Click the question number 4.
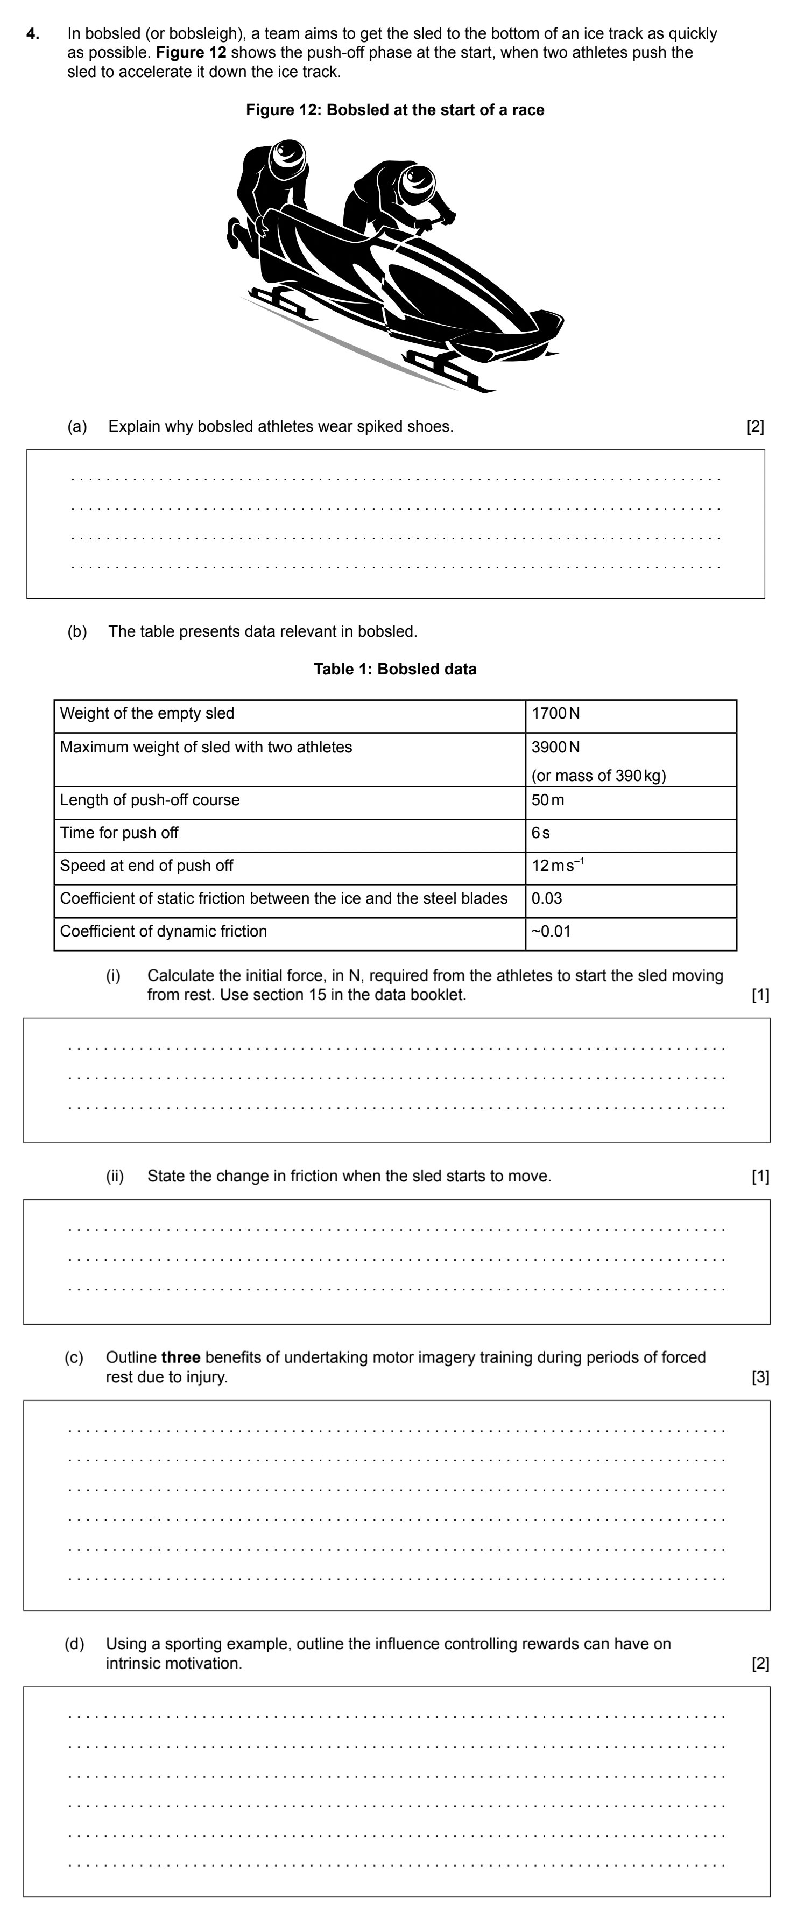click(x=31, y=34)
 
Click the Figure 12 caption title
click(x=394, y=110)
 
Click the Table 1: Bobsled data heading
click(x=394, y=669)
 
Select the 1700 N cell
click(x=555, y=713)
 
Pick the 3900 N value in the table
click(x=555, y=747)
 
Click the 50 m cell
click(x=548, y=800)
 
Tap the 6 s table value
click(x=540, y=833)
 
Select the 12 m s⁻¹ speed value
click(x=558, y=866)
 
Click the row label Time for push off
click(x=119, y=833)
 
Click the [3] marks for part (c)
click(x=759, y=1377)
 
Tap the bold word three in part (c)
click(x=180, y=1357)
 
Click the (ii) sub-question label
click(x=115, y=1176)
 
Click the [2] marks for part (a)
click(x=755, y=427)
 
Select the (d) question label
click(x=74, y=1644)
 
